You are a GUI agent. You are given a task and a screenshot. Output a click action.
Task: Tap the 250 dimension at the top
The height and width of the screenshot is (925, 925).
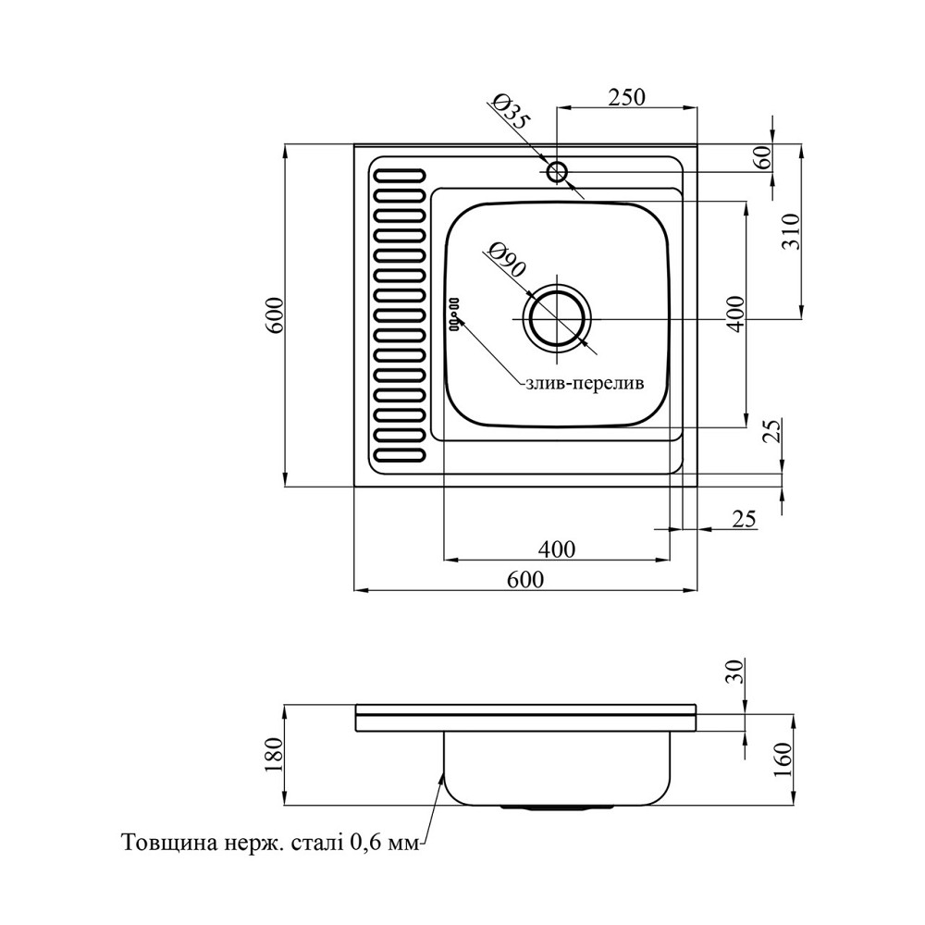click(x=625, y=95)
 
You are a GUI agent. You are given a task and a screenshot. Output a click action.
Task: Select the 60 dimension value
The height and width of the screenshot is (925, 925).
click(x=764, y=157)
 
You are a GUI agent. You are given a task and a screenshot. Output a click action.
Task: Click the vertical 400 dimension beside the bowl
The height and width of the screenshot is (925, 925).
click(x=736, y=315)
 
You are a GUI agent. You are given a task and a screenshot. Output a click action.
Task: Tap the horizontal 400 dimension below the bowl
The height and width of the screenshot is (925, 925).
click(x=557, y=549)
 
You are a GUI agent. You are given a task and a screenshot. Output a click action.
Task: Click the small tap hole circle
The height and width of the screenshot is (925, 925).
click(x=557, y=171)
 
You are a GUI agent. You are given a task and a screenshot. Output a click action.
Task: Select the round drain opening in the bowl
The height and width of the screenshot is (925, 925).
click(x=556, y=317)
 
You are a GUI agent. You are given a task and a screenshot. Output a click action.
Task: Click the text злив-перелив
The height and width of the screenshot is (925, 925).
click(x=583, y=383)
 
